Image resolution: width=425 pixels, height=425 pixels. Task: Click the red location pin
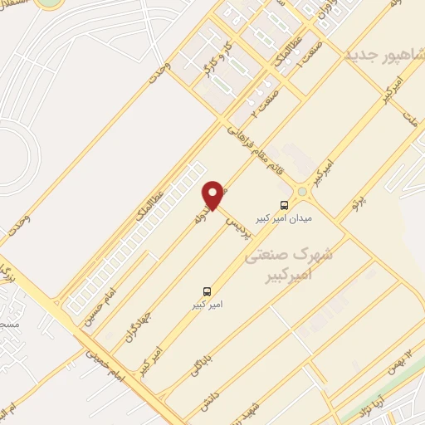click(214, 195)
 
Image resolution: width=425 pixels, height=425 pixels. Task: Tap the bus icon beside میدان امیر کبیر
click(285, 204)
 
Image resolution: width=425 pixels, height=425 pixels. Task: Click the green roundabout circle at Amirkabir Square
click(302, 193)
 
